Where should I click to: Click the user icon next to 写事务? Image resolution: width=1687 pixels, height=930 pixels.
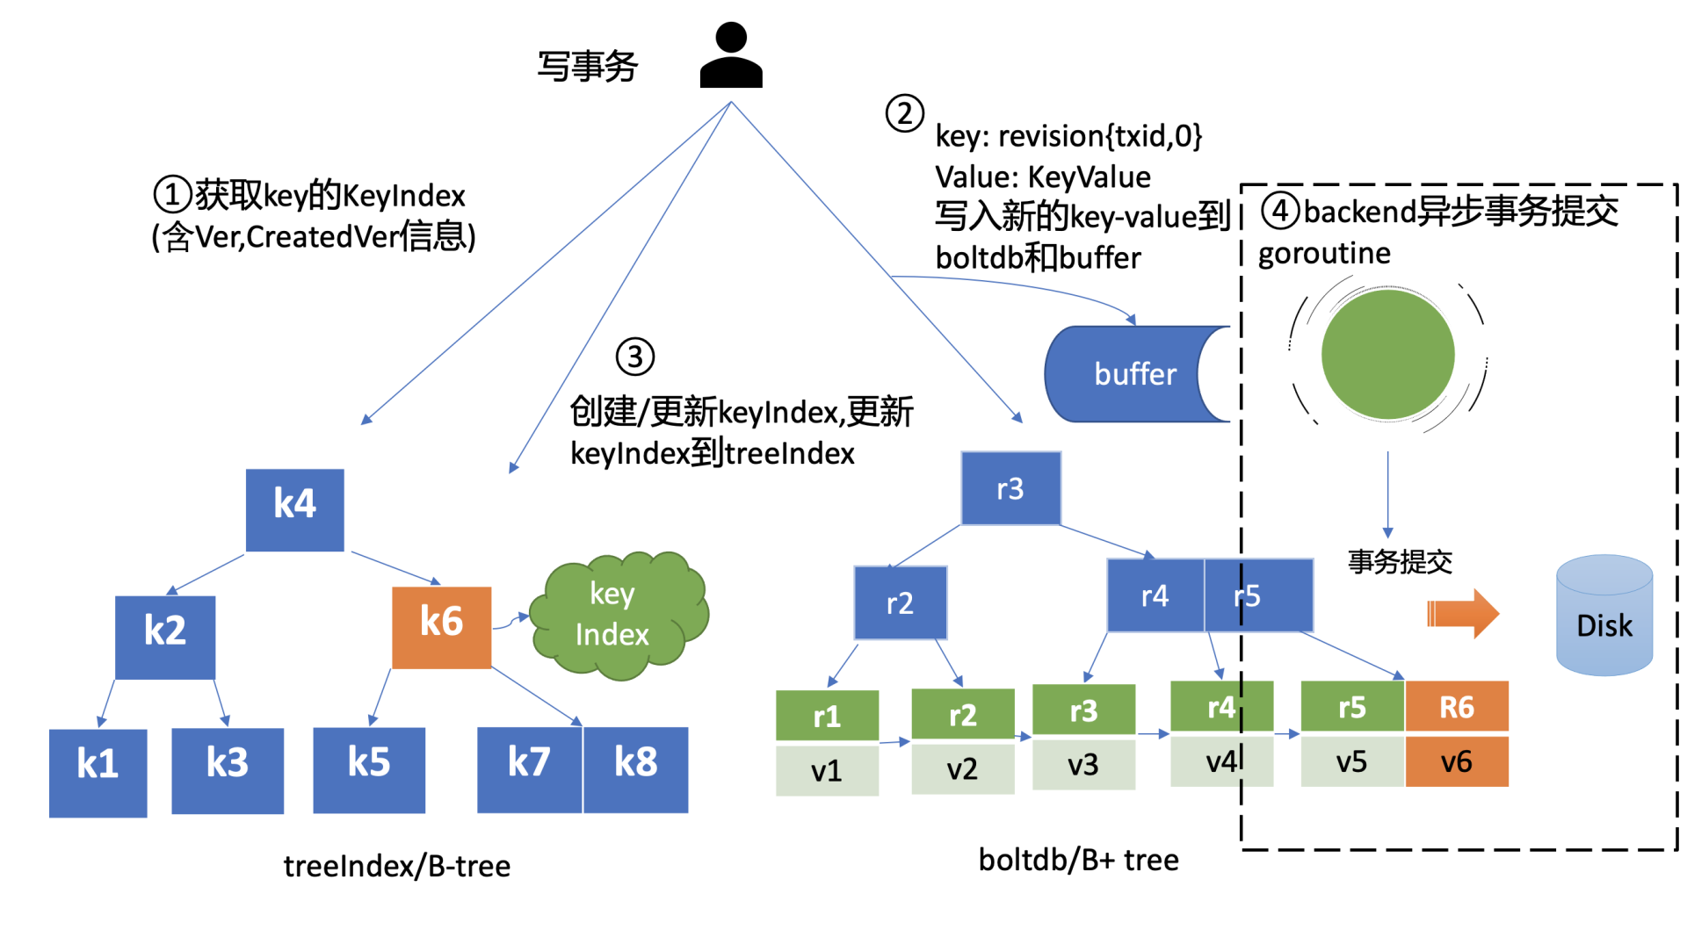tap(730, 56)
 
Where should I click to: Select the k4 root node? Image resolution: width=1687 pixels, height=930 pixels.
tap(294, 509)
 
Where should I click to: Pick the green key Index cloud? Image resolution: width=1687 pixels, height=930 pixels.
tap(617, 615)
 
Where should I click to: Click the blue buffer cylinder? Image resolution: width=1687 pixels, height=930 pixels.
tap(1133, 374)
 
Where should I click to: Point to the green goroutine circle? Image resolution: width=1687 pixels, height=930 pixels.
tap(1387, 355)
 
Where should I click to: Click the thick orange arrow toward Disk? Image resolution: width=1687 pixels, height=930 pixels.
tap(1461, 613)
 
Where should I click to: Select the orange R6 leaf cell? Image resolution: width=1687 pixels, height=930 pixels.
tap(1456, 707)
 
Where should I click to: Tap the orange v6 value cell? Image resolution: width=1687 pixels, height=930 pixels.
tap(1456, 761)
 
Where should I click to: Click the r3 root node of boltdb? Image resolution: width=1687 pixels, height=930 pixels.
tap(1010, 488)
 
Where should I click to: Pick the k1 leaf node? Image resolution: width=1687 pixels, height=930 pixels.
tap(98, 772)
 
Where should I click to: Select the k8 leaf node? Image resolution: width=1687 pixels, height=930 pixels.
tap(635, 769)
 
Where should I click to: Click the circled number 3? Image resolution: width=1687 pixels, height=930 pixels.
tap(634, 357)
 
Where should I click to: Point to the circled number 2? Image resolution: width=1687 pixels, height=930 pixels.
tap(904, 113)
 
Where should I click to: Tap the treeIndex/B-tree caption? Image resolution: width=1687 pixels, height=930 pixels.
tap(396, 866)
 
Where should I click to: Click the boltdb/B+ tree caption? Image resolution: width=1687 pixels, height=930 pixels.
tap(1078, 860)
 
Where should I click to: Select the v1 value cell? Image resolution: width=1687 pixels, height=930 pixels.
tap(827, 770)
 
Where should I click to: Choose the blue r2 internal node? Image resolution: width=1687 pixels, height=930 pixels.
tap(900, 602)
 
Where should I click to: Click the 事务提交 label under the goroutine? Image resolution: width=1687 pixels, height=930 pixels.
tap(1400, 561)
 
